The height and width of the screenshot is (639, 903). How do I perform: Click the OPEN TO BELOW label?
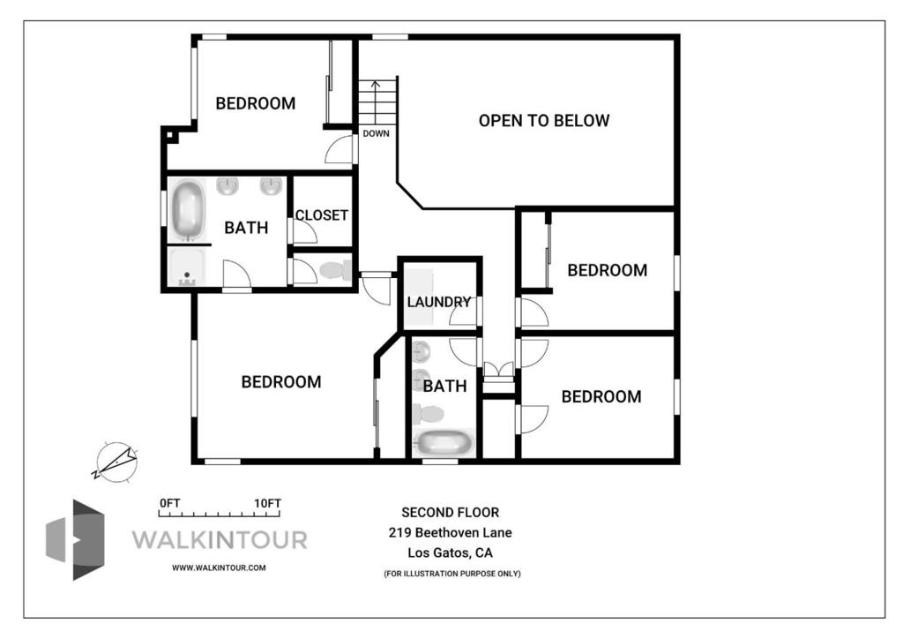tap(543, 120)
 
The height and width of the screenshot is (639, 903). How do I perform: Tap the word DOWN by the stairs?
tap(376, 133)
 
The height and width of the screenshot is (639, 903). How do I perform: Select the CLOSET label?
tap(321, 215)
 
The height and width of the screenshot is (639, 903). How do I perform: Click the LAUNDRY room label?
tap(439, 302)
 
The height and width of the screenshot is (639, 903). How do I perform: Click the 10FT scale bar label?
tap(268, 503)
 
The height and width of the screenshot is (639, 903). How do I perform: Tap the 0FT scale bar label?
tap(170, 503)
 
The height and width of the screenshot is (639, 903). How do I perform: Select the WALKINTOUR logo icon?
tap(76, 540)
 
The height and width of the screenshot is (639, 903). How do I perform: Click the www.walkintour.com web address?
tap(219, 568)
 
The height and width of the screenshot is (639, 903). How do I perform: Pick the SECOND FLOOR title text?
tap(451, 512)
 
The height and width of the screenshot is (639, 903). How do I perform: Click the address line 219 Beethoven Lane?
tap(451, 532)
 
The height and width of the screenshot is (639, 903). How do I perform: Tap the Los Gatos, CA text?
tap(451, 553)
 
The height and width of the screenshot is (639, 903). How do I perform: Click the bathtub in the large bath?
tap(187, 210)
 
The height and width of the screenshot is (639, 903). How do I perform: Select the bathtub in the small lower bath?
tap(444, 443)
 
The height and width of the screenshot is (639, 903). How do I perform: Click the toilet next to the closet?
tap(336, 270)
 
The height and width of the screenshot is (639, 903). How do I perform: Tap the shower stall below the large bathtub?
tap(186, 267)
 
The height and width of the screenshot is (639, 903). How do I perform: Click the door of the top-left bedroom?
tap(340, 151)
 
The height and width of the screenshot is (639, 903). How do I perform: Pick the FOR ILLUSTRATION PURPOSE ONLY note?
tap(452, 574)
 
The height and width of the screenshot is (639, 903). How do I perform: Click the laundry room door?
tap(464, 312)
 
